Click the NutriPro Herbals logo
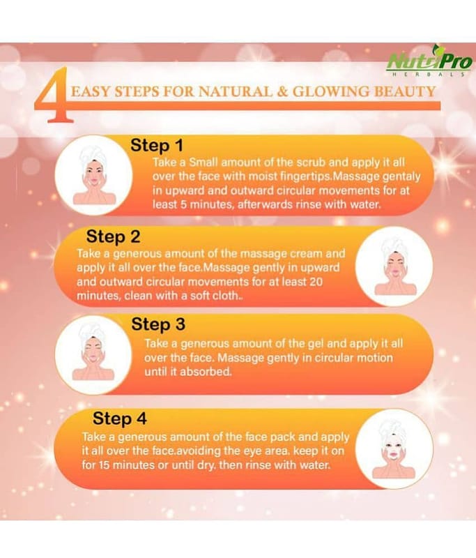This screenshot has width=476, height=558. (x=429, y=61)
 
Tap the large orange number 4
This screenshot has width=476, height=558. (x=54, y=96)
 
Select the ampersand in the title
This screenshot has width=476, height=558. (x=282, y=92)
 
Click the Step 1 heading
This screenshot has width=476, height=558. (x=157, y=146)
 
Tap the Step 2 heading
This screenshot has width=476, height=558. (x=113, y=236)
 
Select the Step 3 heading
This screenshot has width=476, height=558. (x=158, y=324)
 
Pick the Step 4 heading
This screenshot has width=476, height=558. (x=119, y=418)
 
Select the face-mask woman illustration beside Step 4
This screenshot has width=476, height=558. (x=394, y=449)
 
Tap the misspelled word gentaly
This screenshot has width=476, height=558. (x=400, y=177)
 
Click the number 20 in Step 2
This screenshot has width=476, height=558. (x=316, y=282)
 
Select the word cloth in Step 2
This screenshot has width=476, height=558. (x=225, y=296)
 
